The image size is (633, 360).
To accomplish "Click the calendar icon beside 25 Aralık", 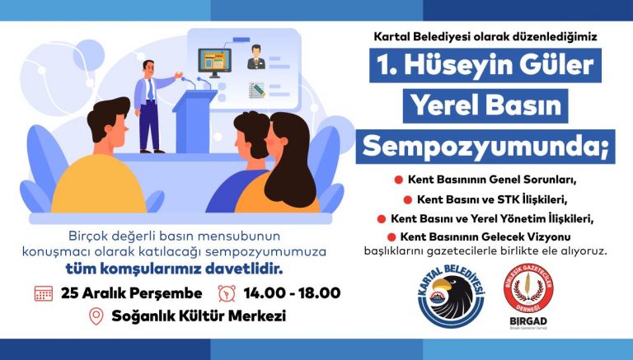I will [x=44, y=292].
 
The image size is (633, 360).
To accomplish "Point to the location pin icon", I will [x=96, y=316].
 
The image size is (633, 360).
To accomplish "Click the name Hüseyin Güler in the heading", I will [x=485, y=65].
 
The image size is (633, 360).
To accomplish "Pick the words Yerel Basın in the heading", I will [x=485, y=105].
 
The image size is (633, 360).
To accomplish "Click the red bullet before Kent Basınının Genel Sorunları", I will [x=397, y=179].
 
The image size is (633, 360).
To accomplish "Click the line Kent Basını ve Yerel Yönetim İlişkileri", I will [x=490, y=218].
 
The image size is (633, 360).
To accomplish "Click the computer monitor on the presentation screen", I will [x=213, y=62].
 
